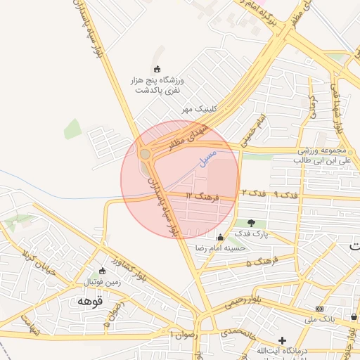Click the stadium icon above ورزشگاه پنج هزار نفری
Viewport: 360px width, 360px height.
pyautogui.click(x=157, y=68)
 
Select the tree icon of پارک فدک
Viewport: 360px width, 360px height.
pyautogui.click(x=251, y=222)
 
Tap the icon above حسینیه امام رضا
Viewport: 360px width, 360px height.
pyautogui.click(x=221, y=237)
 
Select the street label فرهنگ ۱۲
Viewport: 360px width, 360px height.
pyautogui.click(x=203, y=196)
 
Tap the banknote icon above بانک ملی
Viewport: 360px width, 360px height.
pyautogui.click(x=320, y=309)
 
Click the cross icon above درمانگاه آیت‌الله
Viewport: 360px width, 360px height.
pyautogui.click(x=282, y=340)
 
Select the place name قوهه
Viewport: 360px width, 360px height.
pyautogui.click(x=91, y=301)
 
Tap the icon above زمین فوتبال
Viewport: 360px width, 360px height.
pyautogui.click(x=103, y=271)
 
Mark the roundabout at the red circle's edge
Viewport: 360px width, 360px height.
pyautogui.click(x=145, y=153)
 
